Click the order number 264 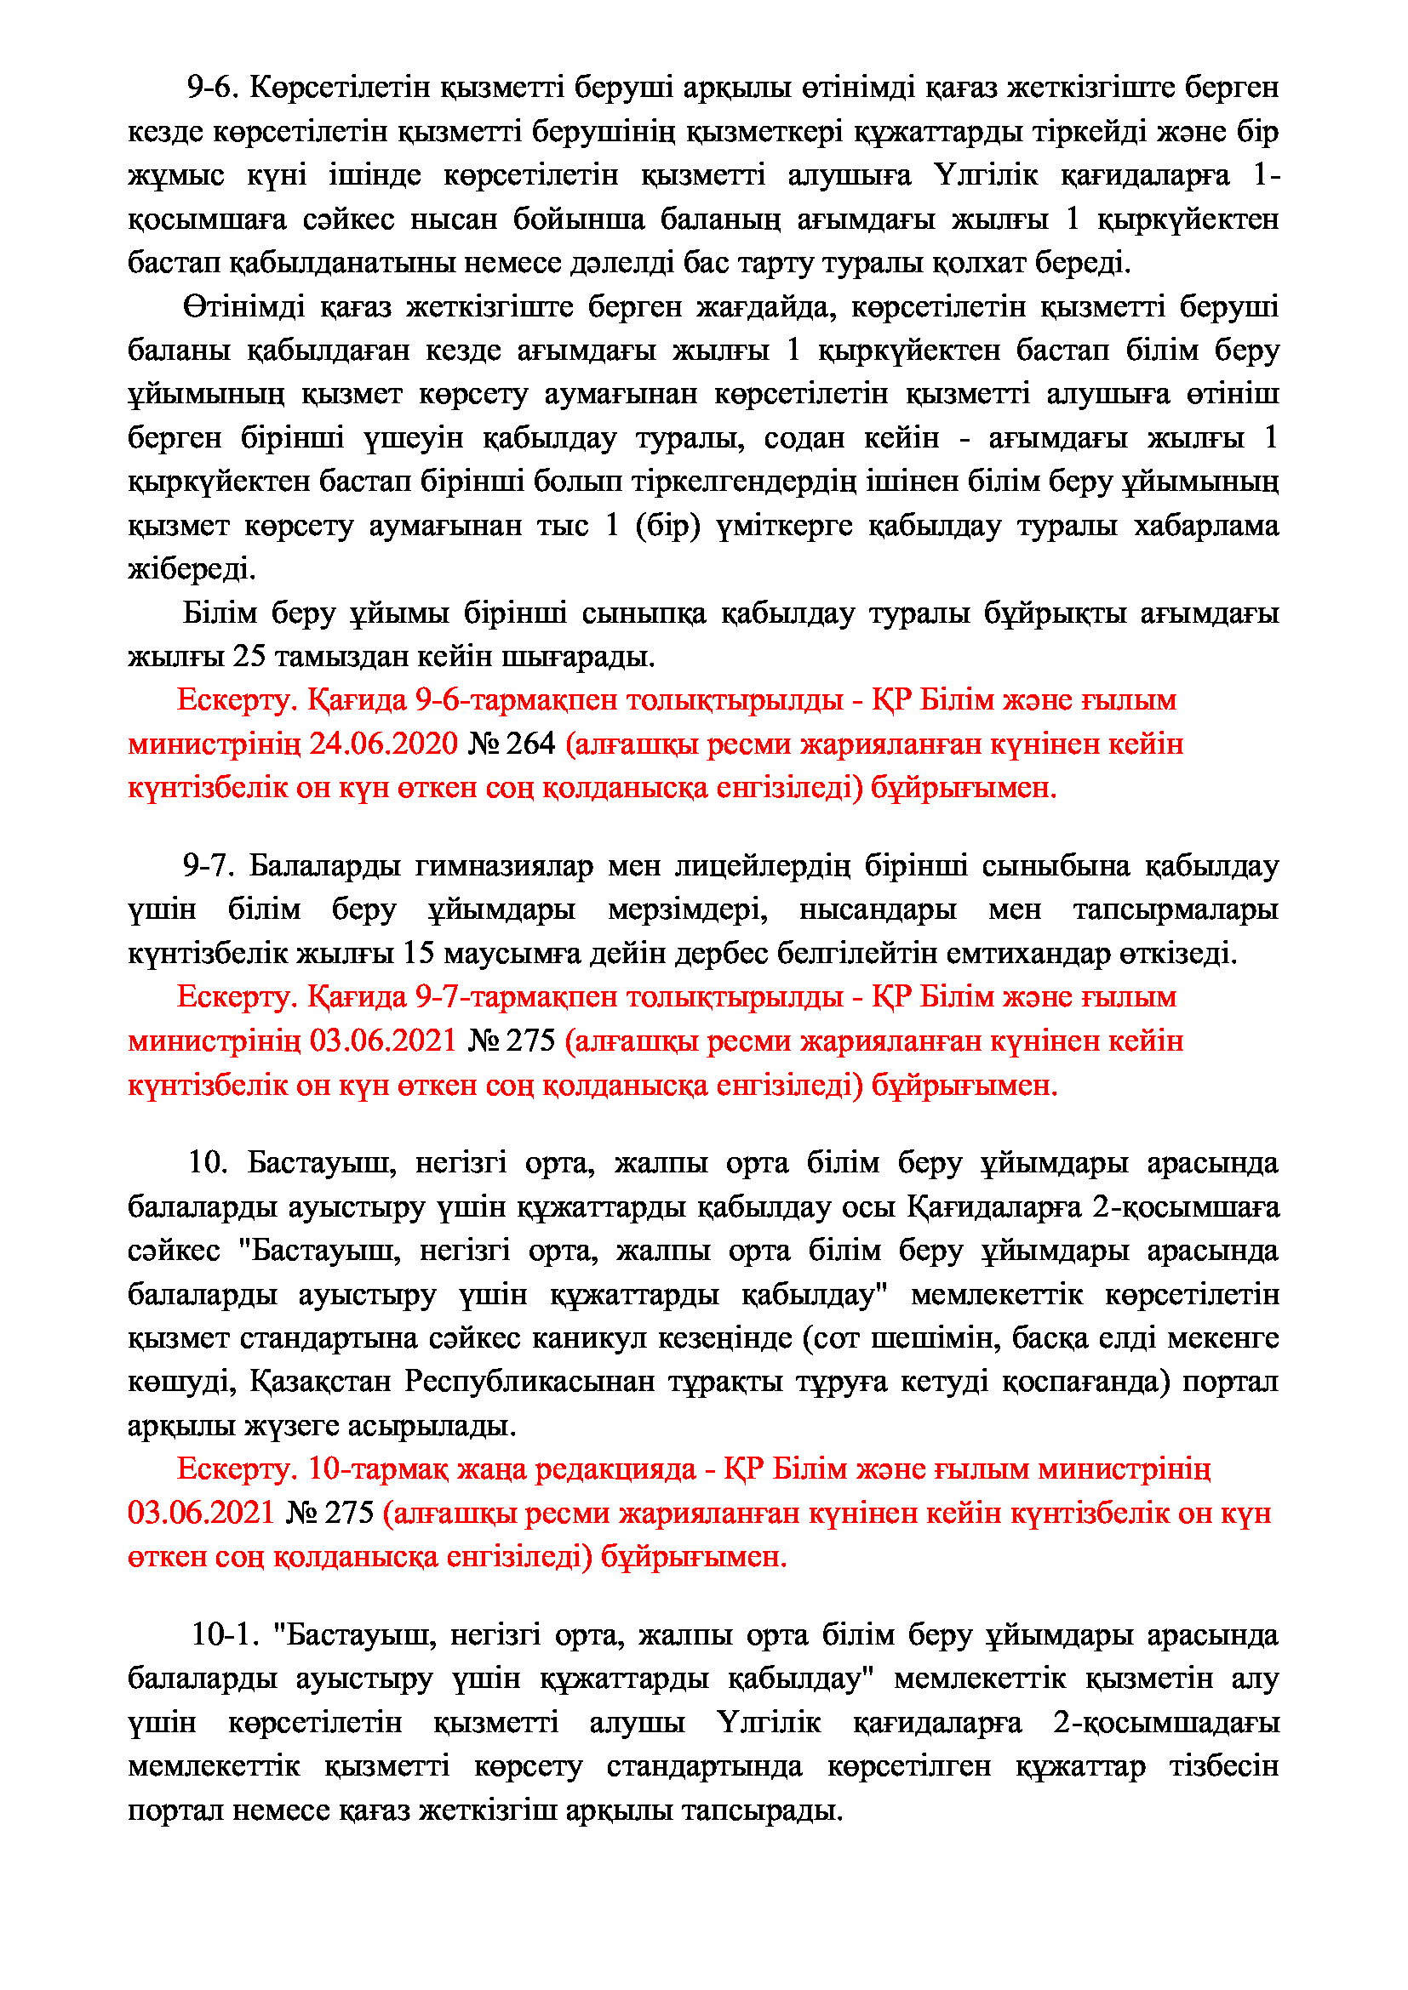click(529, 744)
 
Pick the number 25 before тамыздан click(249, 656)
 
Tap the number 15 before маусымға click(419, 954)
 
